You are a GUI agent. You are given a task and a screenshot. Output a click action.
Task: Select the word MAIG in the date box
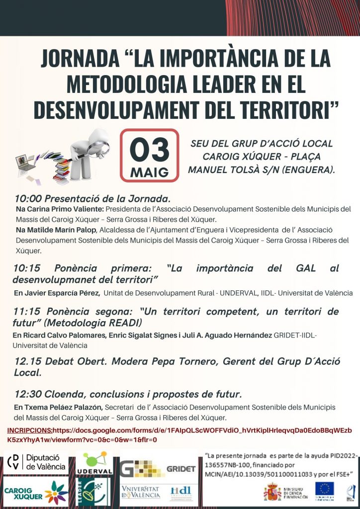click(x=149, y=172)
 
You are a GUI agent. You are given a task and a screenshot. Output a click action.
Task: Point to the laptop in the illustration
click(x=28, y=165)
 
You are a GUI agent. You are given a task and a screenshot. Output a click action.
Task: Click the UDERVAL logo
click(x=94, y=463)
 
